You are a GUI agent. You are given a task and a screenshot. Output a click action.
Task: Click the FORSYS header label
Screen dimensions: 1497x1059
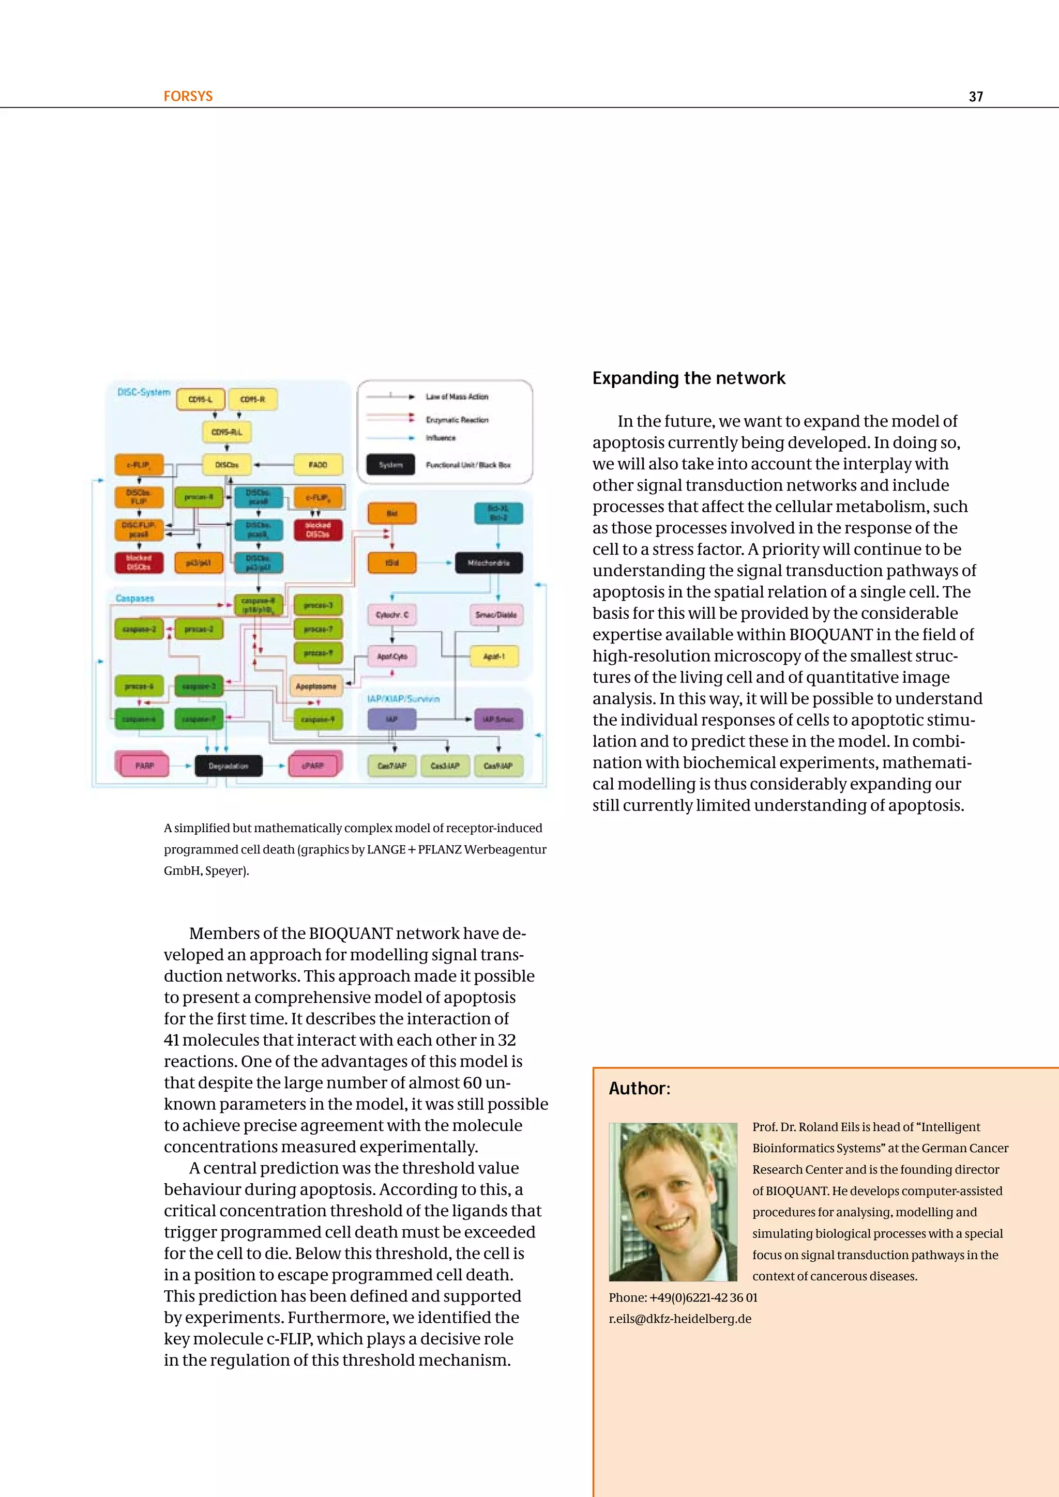(x=188, y=97)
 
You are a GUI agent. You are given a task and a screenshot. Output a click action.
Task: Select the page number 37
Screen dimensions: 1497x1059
(x=976, y=97)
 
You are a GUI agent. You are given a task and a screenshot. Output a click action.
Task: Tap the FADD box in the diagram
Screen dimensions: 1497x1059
(x=318, y=465)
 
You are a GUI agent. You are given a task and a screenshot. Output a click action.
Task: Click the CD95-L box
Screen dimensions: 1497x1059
(x=200, y=399)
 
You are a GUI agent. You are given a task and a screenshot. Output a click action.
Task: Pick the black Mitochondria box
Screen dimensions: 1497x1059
(x=489, y=563)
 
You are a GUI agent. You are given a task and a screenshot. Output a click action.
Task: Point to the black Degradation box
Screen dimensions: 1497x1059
(x=228, y=766)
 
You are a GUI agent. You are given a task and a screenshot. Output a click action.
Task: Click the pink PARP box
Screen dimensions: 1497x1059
(x=145, y=766)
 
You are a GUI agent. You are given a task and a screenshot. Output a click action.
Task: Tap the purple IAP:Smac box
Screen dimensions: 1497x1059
(x=498, y=719)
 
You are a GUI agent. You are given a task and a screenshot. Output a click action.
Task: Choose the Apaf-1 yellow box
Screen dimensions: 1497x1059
(x=494, y=656)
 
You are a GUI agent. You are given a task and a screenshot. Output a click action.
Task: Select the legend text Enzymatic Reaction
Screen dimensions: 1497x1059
(x=457, y=420)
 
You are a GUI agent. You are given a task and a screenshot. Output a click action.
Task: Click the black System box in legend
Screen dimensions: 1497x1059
(x=390, y=465)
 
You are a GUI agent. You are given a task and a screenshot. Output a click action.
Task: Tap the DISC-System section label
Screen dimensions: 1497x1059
(x=143, y=392)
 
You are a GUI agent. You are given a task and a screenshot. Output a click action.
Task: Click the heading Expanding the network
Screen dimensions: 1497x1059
(x=689, y=378)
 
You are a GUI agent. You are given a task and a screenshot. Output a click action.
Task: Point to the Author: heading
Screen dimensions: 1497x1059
(x=639, y=1088)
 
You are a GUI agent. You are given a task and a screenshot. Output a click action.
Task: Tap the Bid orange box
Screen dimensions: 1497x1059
(x=392, y=514)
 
